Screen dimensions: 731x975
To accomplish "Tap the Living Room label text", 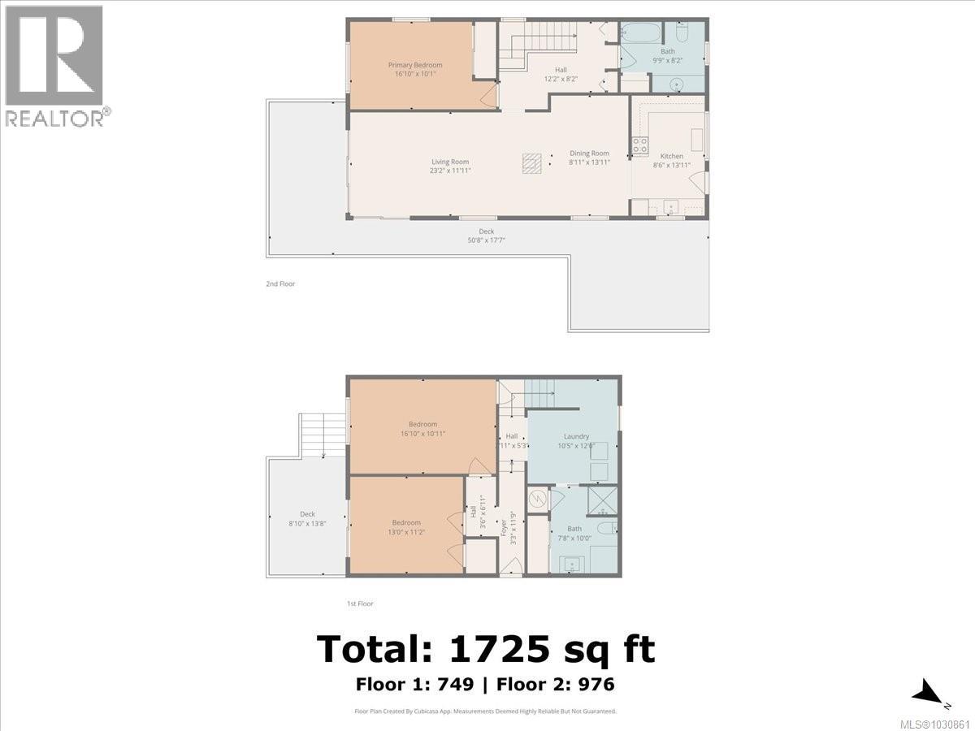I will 450,162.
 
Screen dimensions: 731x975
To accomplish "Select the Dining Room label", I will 589,154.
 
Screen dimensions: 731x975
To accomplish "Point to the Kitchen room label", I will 671,156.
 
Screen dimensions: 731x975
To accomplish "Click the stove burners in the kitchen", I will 640,145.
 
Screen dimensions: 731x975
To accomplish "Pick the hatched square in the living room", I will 531,164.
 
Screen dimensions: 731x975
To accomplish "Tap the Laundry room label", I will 576,437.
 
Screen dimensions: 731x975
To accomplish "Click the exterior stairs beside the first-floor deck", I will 324,435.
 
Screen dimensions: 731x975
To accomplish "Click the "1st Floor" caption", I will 359,603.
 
